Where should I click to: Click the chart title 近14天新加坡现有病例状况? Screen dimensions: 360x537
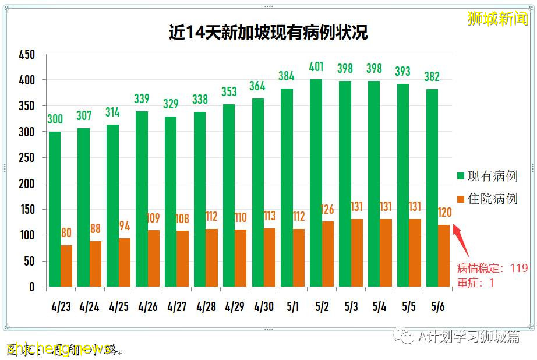pos(268,32)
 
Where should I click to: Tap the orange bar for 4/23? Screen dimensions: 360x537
pos(66,266)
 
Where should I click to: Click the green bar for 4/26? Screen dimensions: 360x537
pos(142,199)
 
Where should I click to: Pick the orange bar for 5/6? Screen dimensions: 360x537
pos(444,256)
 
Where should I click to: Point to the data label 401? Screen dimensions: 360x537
pos(316,67)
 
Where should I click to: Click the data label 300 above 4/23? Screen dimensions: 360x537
pos(55,119)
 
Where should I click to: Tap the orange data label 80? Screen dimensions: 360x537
pos(66,233)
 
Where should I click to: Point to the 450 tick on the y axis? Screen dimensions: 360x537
pos(27,55)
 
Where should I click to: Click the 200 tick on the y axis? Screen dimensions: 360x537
pos(27,183)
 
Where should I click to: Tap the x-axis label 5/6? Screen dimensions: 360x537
pos(437,306)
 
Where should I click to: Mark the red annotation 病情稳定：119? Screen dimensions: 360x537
pos(492,269)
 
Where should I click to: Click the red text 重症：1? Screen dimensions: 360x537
pos(475,283)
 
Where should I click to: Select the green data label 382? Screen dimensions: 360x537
pos(432,77)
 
